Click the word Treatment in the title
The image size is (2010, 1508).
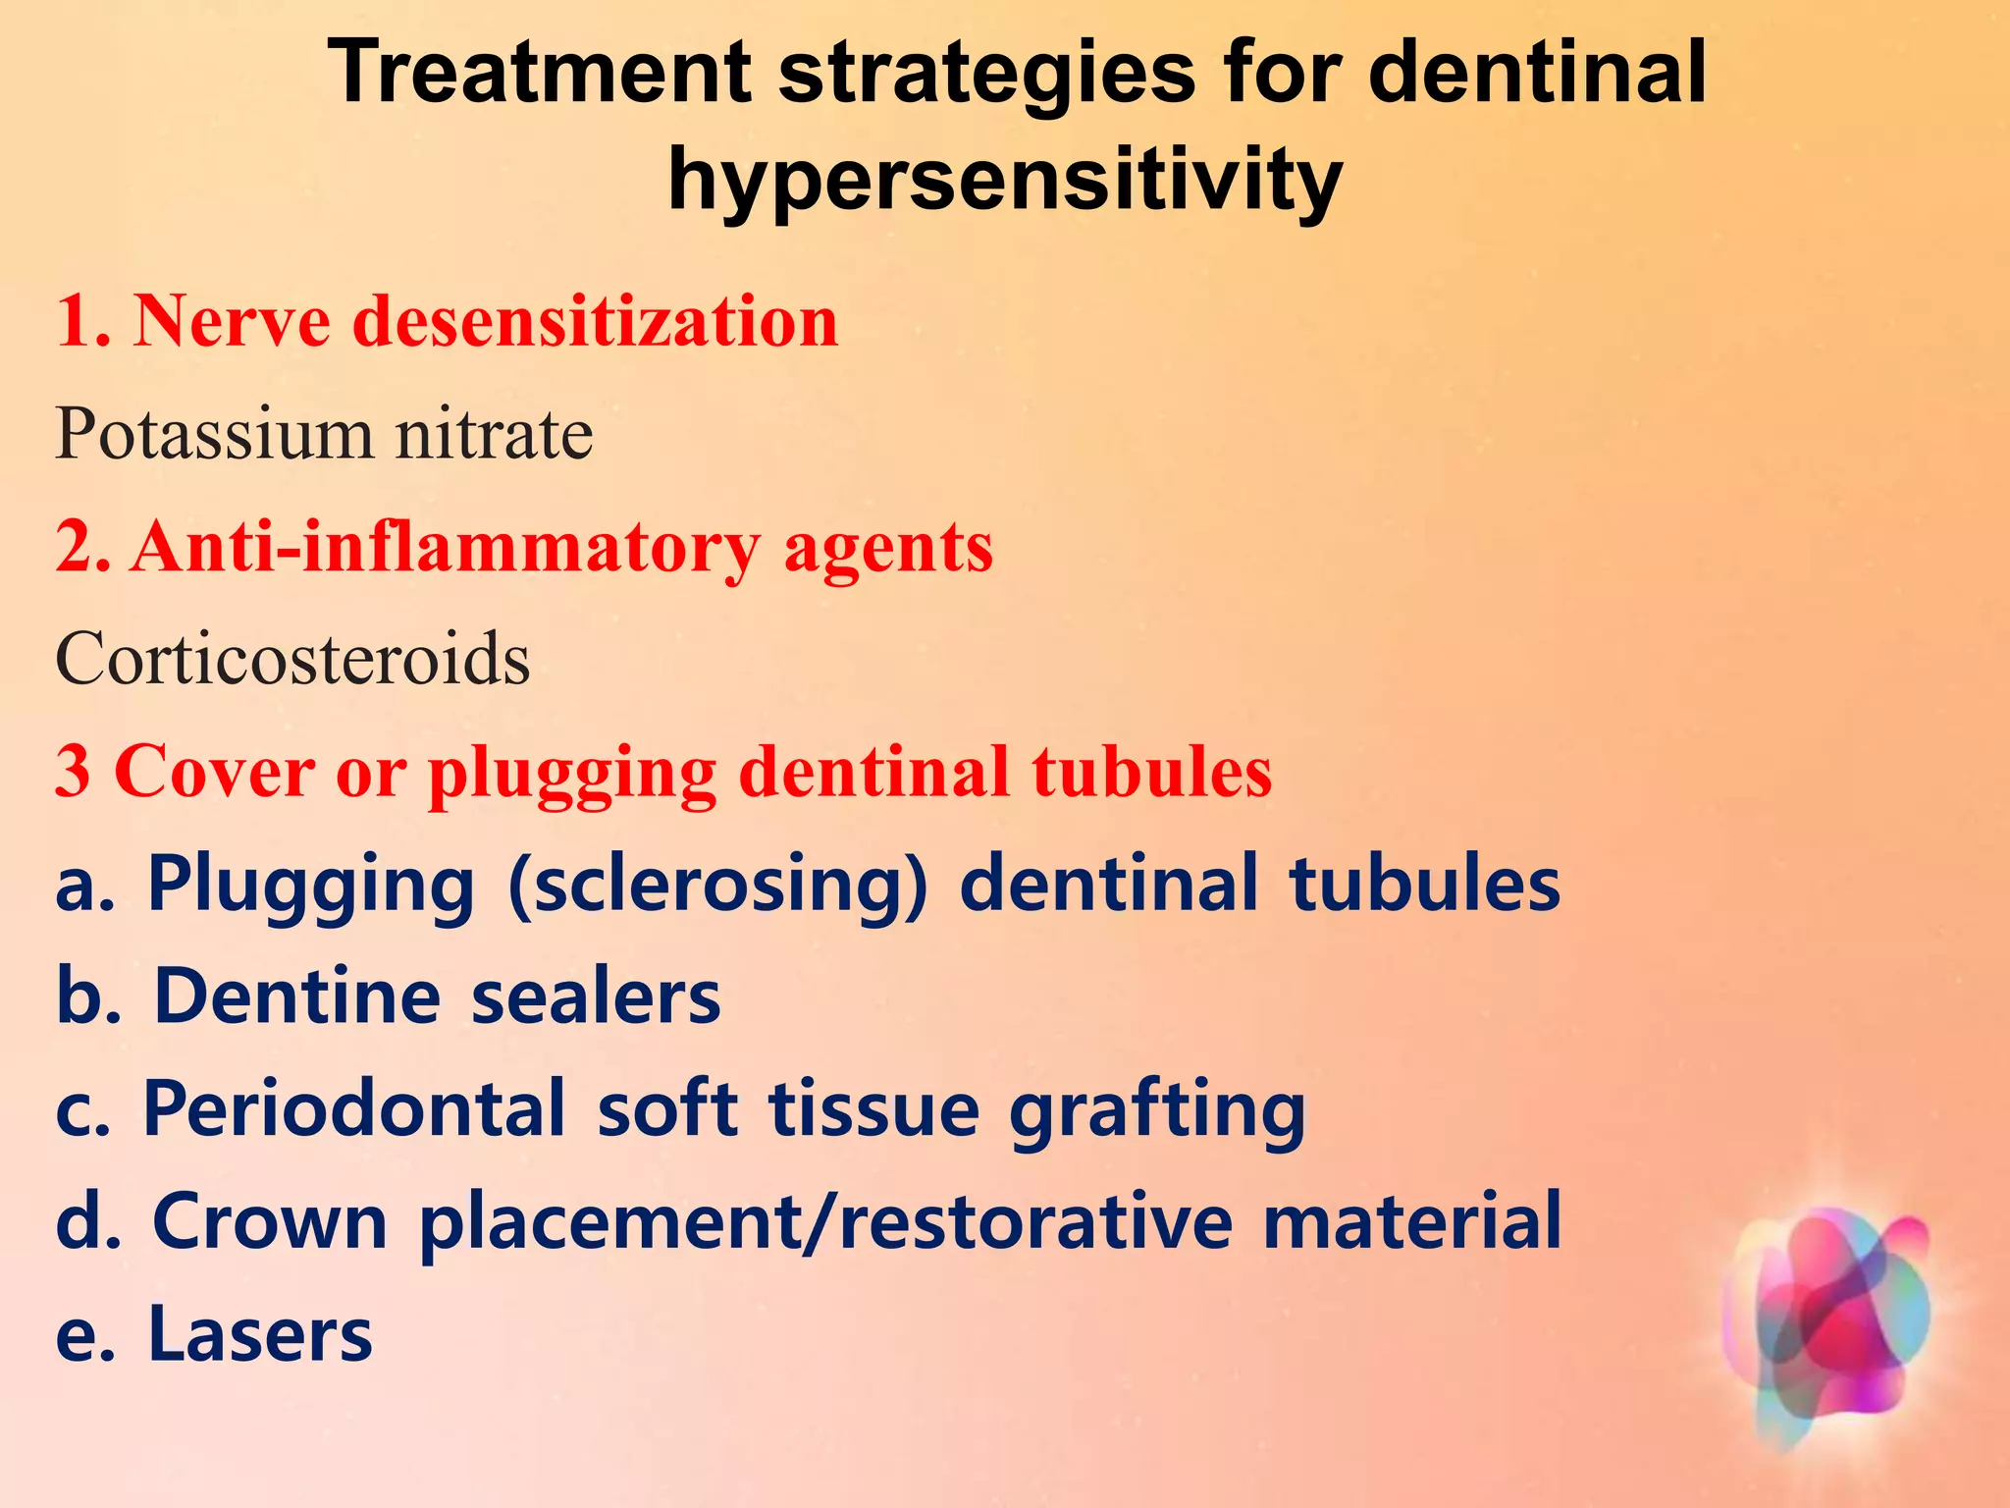(x=541, y=73)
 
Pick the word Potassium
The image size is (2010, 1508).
(x=214, y=434)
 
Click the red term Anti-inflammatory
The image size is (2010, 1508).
(x=447, y=547)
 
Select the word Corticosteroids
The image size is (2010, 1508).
(x=292, y=659)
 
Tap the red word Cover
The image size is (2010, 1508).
(x=214, y=772)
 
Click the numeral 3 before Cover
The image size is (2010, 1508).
(x=72, y=772)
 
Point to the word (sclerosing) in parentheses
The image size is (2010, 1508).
(x=717, y=884)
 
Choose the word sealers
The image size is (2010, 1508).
(x=596, y=996)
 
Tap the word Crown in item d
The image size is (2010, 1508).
(x=270, y=1221)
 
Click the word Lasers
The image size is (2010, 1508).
(x=260, y=1334)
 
